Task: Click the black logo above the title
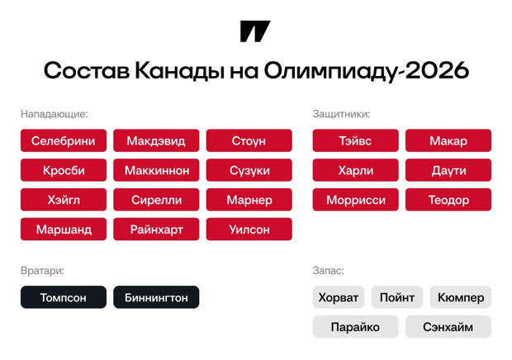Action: (x=255, y=31)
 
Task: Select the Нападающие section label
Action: (x=55, y=114)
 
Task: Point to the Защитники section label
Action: (x=341, y=114)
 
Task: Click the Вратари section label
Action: (x=42, y=270)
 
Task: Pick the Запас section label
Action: (x=328, y=270)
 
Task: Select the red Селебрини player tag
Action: (x=64, y=141)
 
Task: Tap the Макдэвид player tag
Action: (x=156, y=141)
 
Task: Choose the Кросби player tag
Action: (x=64, y=171)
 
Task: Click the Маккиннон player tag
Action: (x=156, y=171)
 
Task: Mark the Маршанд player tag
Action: (x=64, y=230)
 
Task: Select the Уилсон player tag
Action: (x=249, y=230)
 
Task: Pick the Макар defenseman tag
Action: (x=448, y=141)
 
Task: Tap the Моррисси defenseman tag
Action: (x=356, y=200)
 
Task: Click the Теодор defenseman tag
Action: (x=448, y=200)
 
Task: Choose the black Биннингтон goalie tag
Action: (x=156, y=297)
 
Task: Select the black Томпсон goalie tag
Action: (x=64, y=297)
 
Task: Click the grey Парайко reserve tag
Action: (x=355, y=327)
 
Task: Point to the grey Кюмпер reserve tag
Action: (x=461, y=297)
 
